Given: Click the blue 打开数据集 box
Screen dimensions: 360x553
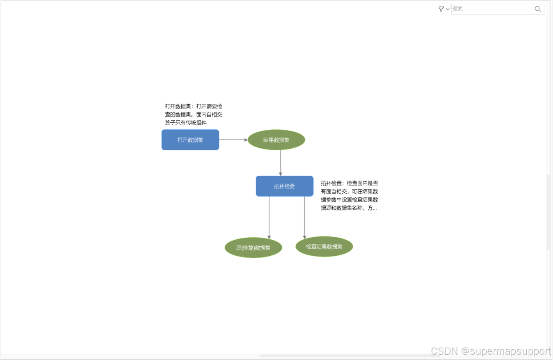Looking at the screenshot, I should (190, 140).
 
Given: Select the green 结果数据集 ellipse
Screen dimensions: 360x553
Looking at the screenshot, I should (276, 140).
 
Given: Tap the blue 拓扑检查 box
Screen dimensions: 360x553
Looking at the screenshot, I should (284, 186).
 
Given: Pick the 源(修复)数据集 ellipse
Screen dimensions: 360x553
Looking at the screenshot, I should (253, 248).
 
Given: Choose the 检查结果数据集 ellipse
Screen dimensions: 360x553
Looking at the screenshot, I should (324, 247).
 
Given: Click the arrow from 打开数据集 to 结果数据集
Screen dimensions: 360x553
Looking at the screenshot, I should (233, 140).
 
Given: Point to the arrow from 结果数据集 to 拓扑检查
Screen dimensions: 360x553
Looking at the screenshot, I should (281, 163).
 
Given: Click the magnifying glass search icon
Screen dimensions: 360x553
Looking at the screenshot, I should (538, 9).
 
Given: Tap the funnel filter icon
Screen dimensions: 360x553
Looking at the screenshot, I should (441, 9).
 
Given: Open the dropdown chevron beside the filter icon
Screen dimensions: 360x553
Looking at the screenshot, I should (448, 9).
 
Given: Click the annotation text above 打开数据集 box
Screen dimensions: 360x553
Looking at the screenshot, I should (194, 114).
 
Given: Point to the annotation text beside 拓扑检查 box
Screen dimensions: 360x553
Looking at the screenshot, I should (349, 195).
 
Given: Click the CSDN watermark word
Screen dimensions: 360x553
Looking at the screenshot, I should (444, 351).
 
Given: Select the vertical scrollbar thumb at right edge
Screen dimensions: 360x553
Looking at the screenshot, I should (548, 212).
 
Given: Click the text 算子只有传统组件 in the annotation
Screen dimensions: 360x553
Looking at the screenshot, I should (186, 123).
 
